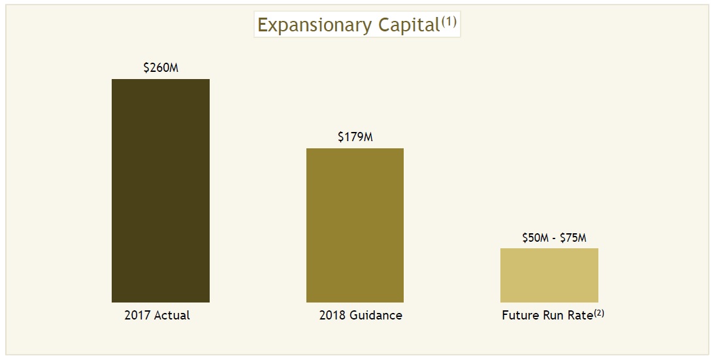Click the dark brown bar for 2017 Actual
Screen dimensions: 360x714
tap(161, 190)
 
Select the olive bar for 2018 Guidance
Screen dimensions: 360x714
tap(355, 225)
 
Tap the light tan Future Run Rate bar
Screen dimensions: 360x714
tap(549, 274)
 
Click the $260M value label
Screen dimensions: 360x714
tap(161, 67)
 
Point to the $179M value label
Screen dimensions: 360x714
tap(355, 137)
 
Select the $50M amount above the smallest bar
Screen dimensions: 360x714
tap(535, 238)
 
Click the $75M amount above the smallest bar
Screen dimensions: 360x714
tap(573, 238)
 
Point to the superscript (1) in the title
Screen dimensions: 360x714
tap(449, 22)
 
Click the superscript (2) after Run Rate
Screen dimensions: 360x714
tap(599, 313)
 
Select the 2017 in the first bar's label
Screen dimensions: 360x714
tap(137, 316)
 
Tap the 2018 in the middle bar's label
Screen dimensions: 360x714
tap(331, 316)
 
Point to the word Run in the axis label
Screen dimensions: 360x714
tap(553, 316)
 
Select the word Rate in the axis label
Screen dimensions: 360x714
tap(579, 316)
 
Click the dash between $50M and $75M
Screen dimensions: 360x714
tap(555, 238)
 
